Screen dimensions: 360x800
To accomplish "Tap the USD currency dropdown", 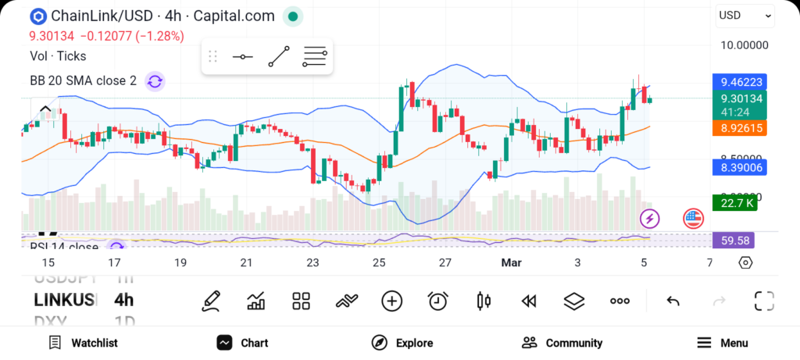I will click(x=745, y=16).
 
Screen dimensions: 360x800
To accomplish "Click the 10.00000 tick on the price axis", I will click(x=744, y=45).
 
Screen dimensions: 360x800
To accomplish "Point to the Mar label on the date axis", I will click(x=511, y=263).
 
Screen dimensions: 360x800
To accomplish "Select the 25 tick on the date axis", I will click(x=380, y=263).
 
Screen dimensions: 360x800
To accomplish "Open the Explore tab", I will click(x=403, y=343).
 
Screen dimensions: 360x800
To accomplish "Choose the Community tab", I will click(x=562, y=343).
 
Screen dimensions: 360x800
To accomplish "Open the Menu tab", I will click(x=723, y=343).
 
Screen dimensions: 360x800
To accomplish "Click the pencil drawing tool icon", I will click(x=210, y=301).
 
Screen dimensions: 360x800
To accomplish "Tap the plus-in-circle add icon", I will click(x=391, y=301).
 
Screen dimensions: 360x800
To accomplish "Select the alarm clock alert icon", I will click(x=437, y=301).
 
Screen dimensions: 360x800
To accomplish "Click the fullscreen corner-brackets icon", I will click(x=764, y=301).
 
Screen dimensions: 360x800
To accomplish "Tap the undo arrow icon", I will click(x=673, y=301).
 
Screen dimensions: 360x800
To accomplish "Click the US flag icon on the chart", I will click(x=693, y=219).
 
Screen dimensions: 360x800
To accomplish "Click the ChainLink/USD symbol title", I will click(x=162, y=16).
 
